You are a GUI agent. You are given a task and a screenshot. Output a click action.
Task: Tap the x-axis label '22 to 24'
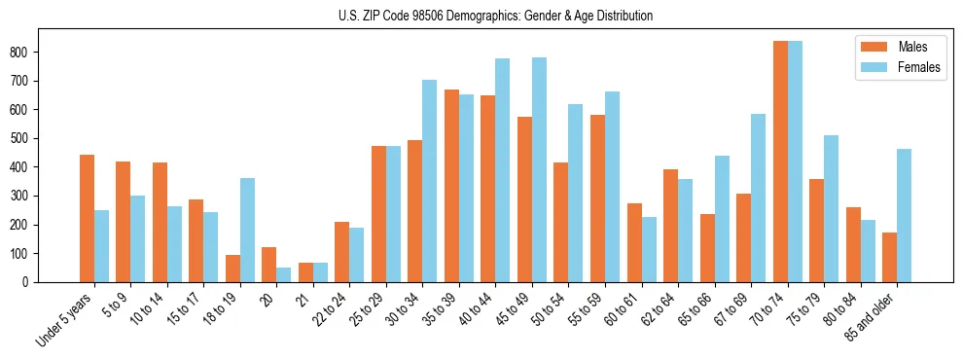[x=329, y=310]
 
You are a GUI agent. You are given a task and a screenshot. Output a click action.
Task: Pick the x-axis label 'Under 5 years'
[x=64, y=318]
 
